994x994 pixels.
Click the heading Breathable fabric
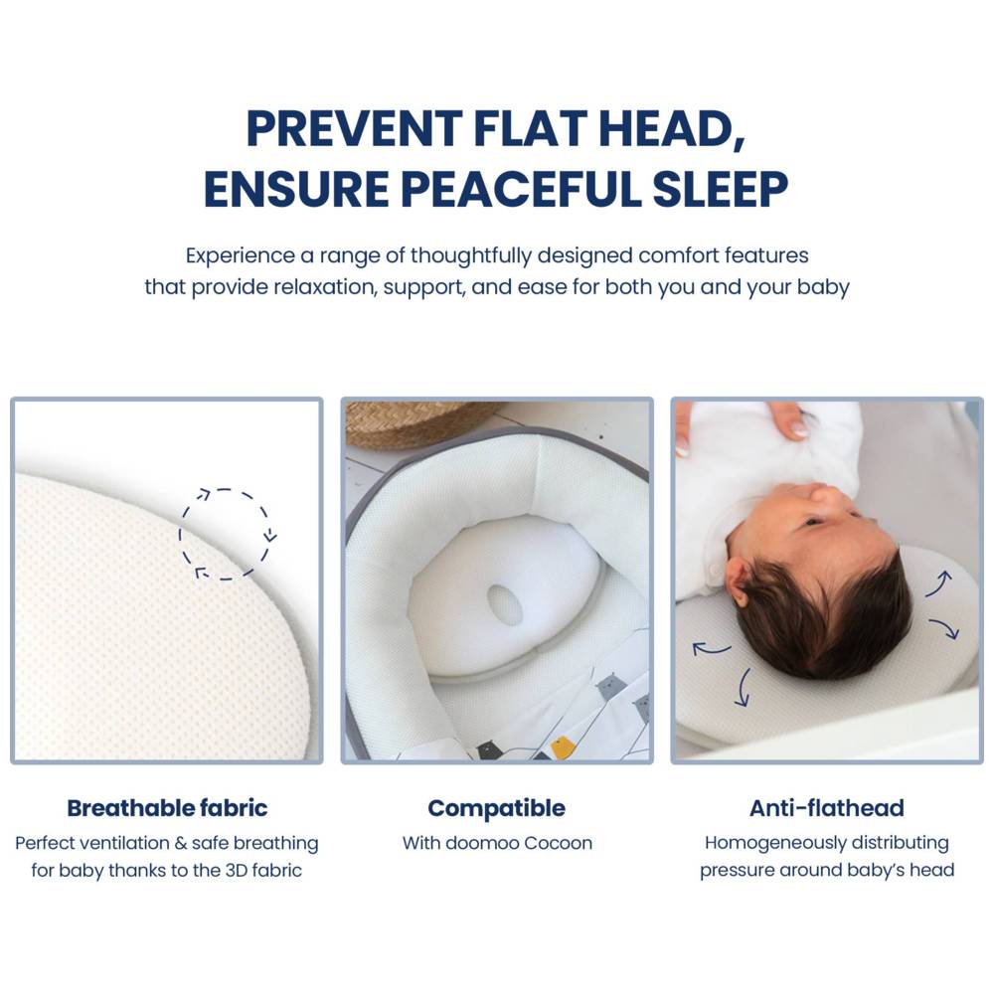pyautogui.click(x=167, y=807)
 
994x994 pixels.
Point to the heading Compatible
pyautogui.click(x=496, y=807)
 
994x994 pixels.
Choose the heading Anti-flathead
pyautogui.click(x=826, y=807)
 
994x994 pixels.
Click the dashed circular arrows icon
pyautogui.click(x=228, y=534)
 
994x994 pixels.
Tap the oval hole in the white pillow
pyautogui.click(x=505, y=604)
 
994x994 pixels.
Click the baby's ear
pyautogui.click(x=738, y=580)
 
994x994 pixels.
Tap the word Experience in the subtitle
pyautogui.click(x=240, y=255)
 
